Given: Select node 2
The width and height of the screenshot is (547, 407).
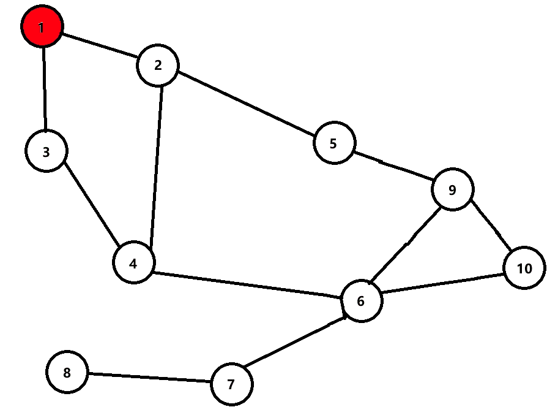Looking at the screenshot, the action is point(158,65).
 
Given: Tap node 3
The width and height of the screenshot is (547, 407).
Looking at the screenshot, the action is point(46,151).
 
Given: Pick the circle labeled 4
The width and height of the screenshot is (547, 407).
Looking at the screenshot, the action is point(133,263).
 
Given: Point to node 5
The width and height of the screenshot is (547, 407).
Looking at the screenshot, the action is point(333,143).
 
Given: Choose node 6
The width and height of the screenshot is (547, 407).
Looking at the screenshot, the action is point(361,301).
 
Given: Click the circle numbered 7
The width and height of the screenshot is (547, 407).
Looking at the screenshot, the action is point(231,384).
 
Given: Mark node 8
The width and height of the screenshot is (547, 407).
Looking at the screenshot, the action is point(67,372).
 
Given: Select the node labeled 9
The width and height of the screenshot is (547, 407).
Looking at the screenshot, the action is point(452,189).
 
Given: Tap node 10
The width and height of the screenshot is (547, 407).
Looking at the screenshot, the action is point(524,268).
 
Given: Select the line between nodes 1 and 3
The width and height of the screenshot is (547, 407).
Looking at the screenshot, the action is point(44,89).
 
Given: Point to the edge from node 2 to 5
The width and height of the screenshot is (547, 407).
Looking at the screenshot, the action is point(246,104).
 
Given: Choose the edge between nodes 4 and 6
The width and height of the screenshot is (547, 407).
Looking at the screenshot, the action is point(247,284).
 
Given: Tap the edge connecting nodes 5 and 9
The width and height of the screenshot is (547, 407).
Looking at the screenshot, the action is point(393,166).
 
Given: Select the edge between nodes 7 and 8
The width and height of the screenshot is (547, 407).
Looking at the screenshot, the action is point(149,378).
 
